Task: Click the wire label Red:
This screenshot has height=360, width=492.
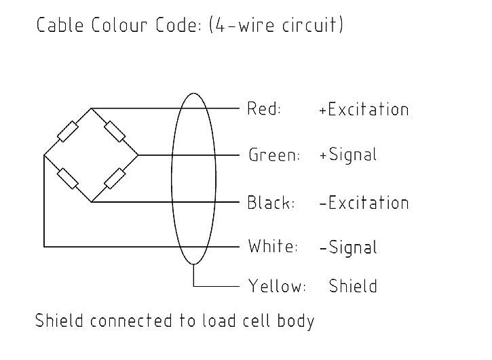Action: coord(264,108)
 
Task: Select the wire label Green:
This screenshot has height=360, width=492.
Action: coord(274,155)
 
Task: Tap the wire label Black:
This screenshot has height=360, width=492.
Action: coord(271,202)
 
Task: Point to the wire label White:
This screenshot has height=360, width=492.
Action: coord(273,246)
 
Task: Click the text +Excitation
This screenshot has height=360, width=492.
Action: coord(364,109)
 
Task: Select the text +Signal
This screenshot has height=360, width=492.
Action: coord(347,155)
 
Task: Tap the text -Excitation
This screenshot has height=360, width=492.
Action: coord(364,203)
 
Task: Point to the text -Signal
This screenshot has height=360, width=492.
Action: coord(347,247)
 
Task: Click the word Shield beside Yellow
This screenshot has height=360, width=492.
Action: coord(353,286)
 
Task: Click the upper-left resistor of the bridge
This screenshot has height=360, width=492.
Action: coord(68,132)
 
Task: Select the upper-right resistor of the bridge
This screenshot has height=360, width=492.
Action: coord(115,132)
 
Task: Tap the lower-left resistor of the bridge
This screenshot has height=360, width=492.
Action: coord(67,178)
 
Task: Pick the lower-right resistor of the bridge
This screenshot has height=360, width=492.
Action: coord(115,178)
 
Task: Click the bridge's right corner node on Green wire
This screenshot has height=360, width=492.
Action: coord(138,155)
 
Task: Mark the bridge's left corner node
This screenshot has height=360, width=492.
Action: coord(44,155)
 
